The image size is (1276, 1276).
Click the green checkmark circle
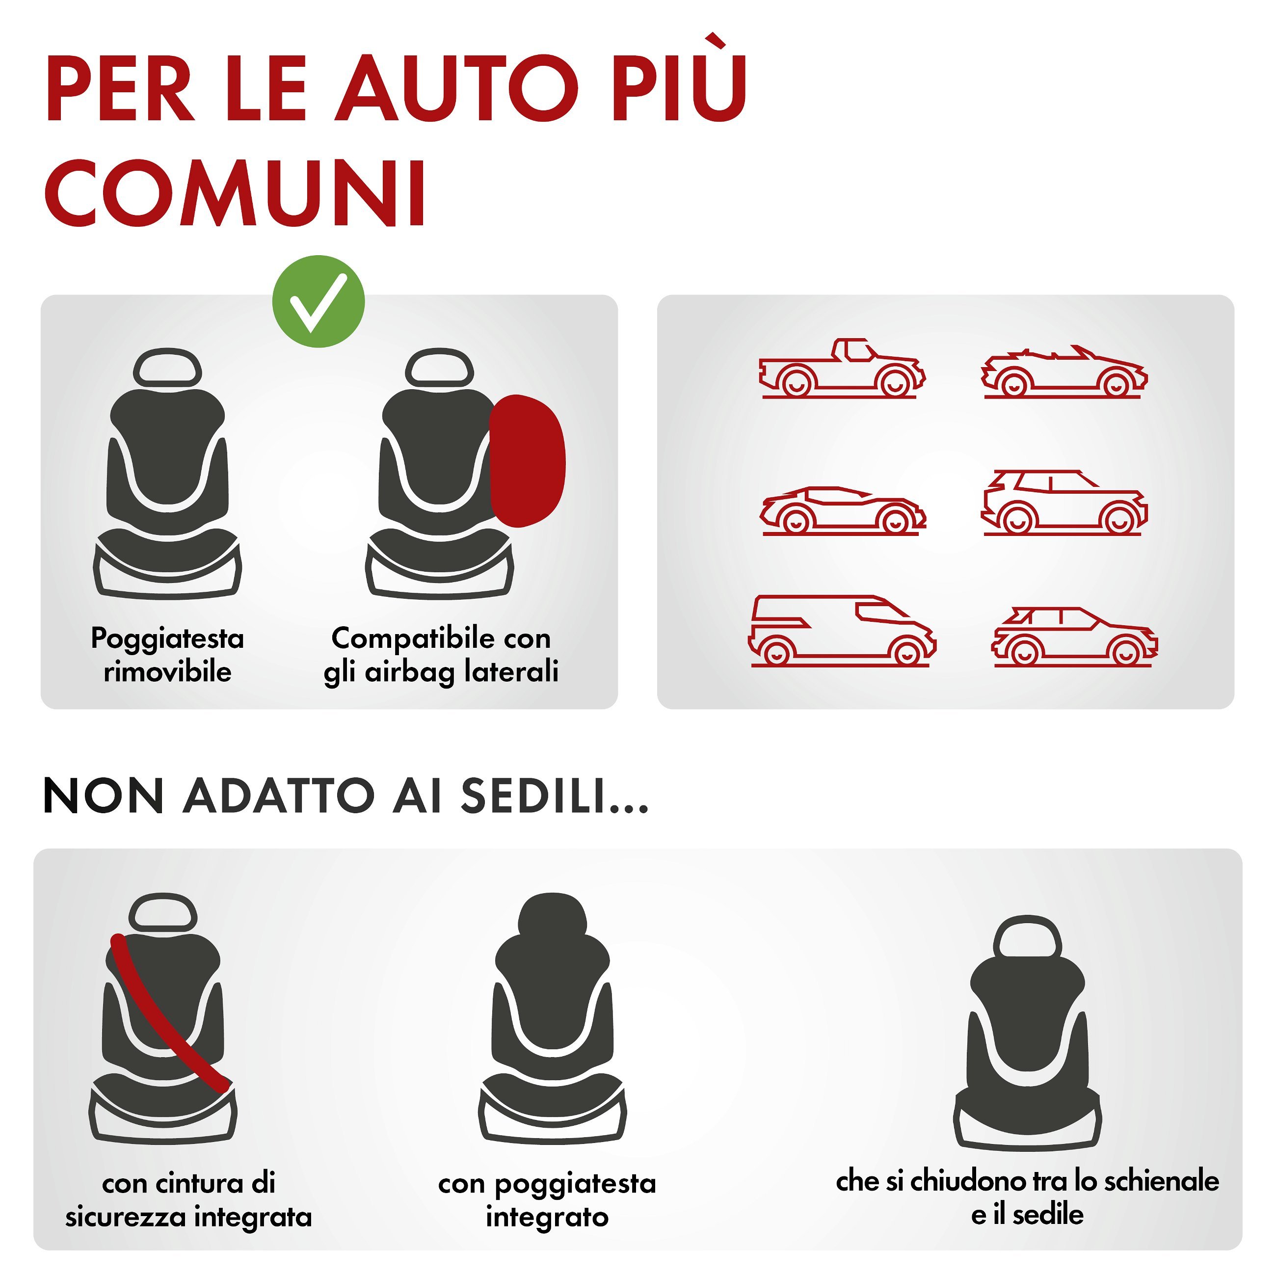[319, 302]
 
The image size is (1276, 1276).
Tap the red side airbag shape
[528, 461]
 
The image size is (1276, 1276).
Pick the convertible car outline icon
[1064, 372]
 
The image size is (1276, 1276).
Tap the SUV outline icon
[1064, 503]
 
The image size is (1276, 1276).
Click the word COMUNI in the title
[236, 193]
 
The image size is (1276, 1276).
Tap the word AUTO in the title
[457, 88]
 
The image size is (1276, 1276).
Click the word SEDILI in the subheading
[554, 796]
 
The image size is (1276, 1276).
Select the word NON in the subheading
[103, 796]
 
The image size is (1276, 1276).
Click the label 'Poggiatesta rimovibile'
[168, 655]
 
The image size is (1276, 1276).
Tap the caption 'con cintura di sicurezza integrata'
[189, 1200]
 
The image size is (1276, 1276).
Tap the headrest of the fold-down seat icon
[1027, 936]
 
